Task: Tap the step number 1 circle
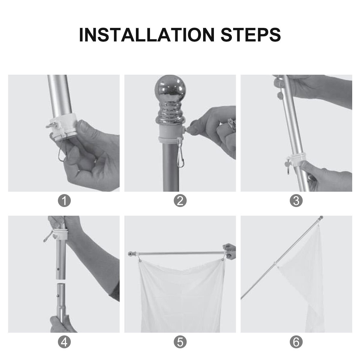pos(64,201)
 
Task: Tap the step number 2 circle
pos(180,201)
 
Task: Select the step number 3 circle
pos(296,201)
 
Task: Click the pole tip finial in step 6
pos(321,217)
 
